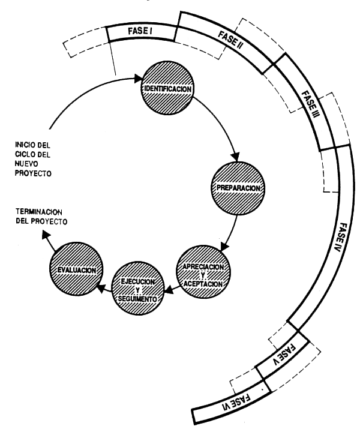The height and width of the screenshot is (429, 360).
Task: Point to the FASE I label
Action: coord(142,30)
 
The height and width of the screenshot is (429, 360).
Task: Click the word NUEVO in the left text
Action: coord(29,165)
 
